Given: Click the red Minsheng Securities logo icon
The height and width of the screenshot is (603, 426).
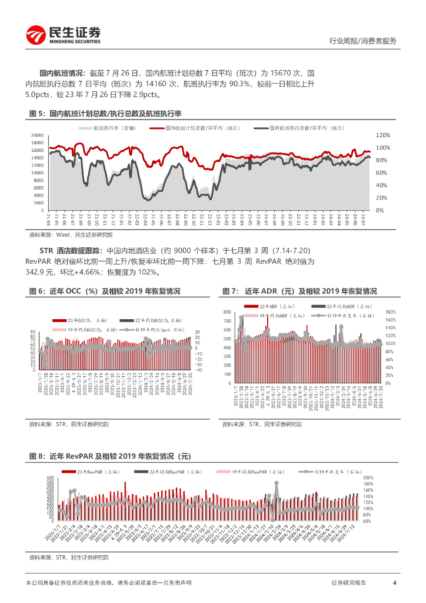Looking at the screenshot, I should (x=35, y=35).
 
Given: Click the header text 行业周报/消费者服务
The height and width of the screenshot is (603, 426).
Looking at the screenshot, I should (x=362, y=41).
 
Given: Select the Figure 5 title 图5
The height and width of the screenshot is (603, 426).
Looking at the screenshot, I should (x=37, y=113).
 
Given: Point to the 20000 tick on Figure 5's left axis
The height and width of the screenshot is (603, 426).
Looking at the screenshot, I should (x=36, y=135).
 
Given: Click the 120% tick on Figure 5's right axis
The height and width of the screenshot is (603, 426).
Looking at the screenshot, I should (x=384, y=135).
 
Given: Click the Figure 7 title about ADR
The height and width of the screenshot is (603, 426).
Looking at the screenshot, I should (x=299, y=291).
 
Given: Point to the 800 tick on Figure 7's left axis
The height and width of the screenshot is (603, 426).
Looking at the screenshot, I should (x=227, y=312).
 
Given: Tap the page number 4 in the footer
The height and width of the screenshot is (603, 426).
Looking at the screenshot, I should (x=394, y=582).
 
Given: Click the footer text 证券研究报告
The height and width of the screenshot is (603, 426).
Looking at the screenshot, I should (x=348, y=582).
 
